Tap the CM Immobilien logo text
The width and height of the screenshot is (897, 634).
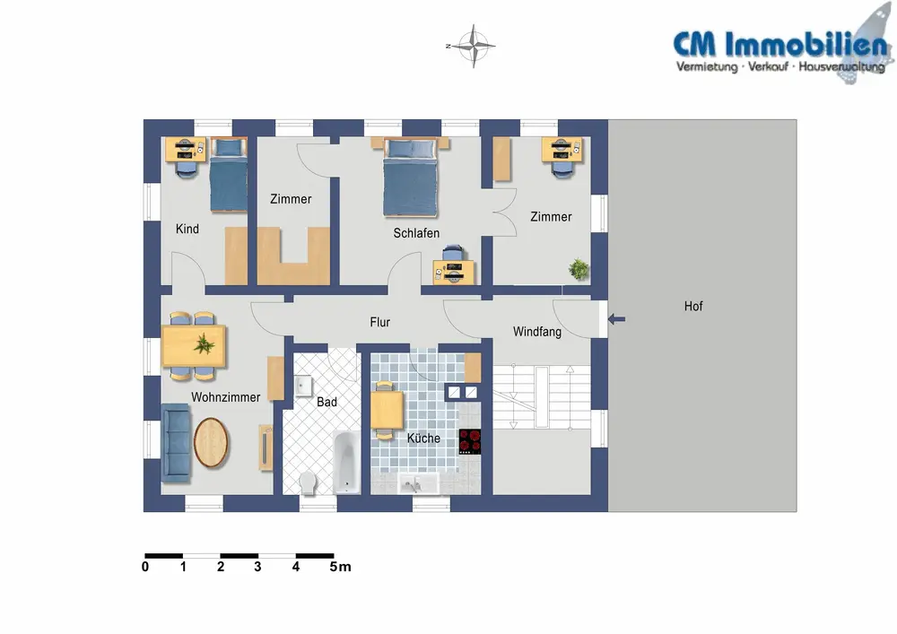767,44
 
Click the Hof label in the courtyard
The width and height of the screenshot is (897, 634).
693,307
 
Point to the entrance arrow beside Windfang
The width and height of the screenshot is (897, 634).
617,318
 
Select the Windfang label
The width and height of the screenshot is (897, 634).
536,332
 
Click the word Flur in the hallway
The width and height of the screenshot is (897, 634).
379,323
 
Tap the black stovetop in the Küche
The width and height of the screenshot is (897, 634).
470,442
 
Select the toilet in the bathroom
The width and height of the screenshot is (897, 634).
309,482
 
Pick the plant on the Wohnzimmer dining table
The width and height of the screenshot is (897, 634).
205,343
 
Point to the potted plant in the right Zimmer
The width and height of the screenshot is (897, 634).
579,268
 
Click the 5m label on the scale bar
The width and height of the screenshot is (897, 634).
340,567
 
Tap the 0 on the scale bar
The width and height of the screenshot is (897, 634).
145,567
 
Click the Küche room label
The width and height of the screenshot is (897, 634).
423,439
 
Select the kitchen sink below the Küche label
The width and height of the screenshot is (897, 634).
415,485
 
